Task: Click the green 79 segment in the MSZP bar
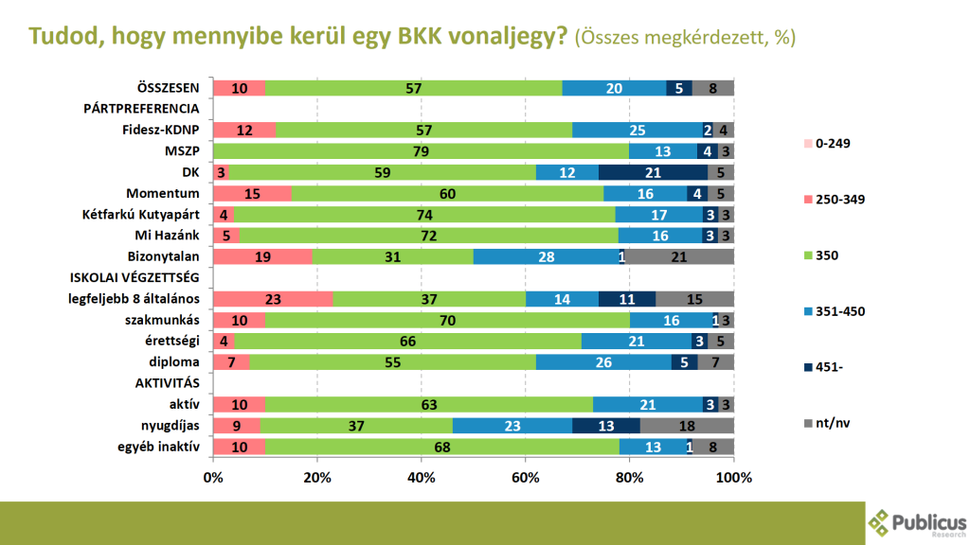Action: pyautogui.click(x=421, y=151)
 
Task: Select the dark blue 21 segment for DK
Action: pyautogui.click(x=652, y=172)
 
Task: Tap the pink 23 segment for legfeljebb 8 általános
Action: pyautogui.click(x=273, y=299)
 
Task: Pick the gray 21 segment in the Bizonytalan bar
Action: pyautogui.click(x=679, y=256)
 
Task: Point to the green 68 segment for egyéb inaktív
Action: pyautogui.click(x=442, y=447)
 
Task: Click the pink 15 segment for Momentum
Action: pyautogui.click(x=252, y=193)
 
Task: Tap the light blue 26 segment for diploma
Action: pyautogui.click(x=603, y=362)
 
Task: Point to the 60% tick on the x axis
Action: pyautogui.click(x=526, y=478)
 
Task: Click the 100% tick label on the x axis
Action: pyautogui.click(x=734, y=478)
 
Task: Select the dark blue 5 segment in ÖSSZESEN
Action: pyautogui.click(x=679, y=88)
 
